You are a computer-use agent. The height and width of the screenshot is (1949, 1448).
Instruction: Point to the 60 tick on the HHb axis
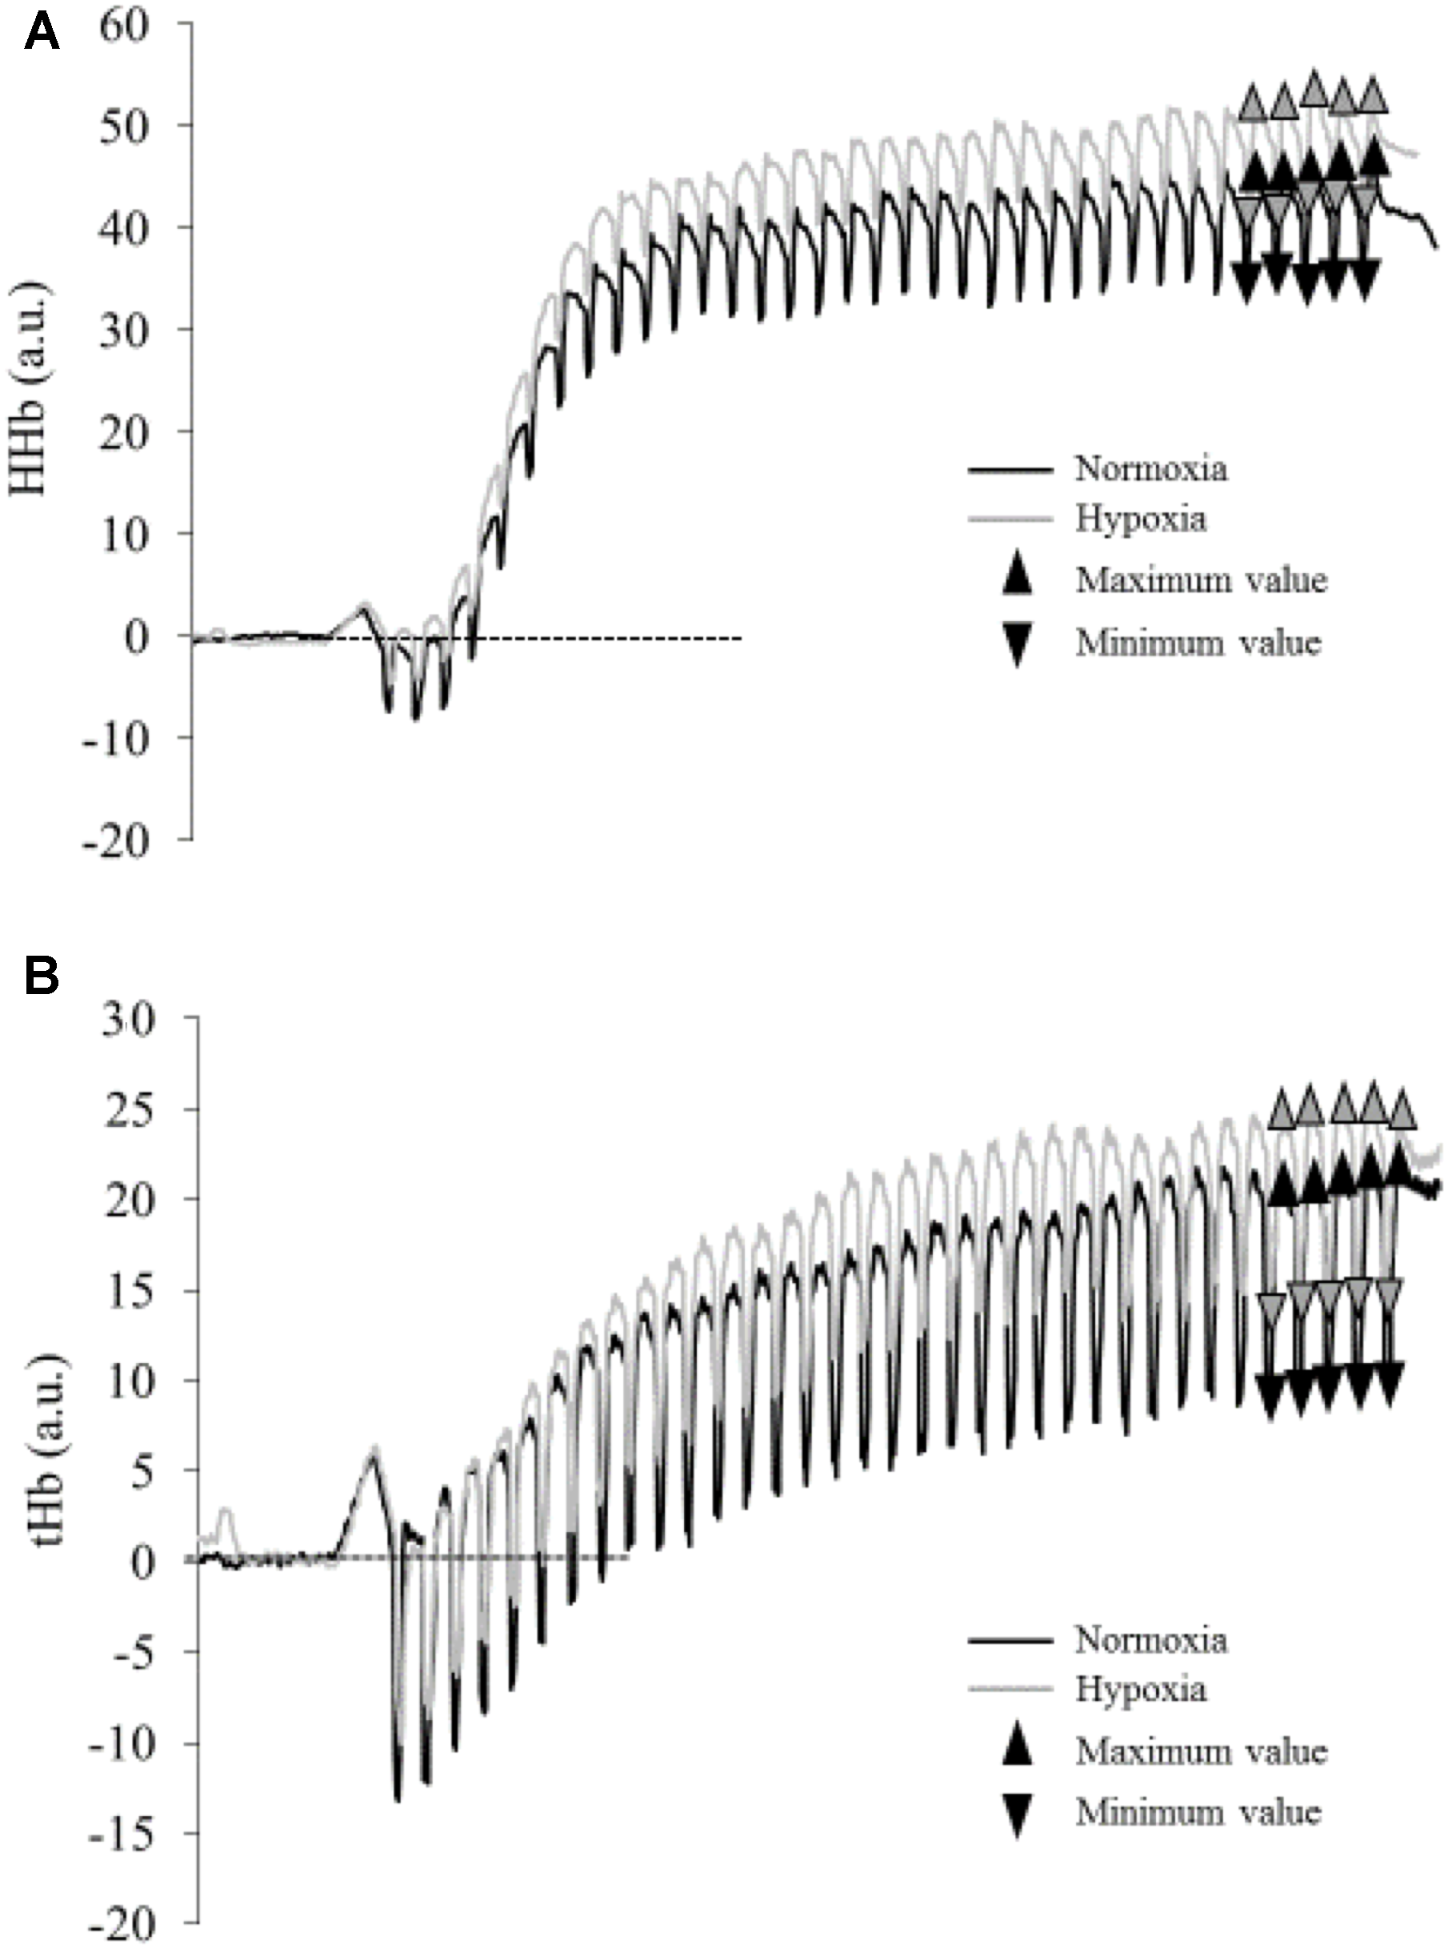tap(128, 24)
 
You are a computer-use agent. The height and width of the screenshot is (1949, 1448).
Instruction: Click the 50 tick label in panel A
tap(128, 126)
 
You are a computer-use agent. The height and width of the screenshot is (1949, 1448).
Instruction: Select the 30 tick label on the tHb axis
tap(128, 1022)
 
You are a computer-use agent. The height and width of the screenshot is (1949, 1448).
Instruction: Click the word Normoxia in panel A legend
tap(1151, 469)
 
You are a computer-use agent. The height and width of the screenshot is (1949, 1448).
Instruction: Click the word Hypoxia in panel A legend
tap(1140, 519)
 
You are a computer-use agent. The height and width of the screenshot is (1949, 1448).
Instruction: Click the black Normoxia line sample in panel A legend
tap(1010, 471)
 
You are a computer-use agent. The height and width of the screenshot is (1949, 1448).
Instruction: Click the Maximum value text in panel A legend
tap(1201, 580)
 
